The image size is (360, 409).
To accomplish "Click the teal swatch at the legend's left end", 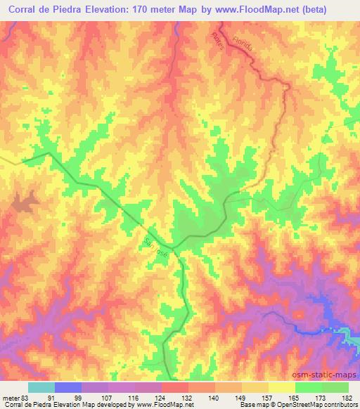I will pyautogui.click(x=41, y=387).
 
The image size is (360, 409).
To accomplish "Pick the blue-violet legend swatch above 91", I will pyautogui.click(x=68, y=387).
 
